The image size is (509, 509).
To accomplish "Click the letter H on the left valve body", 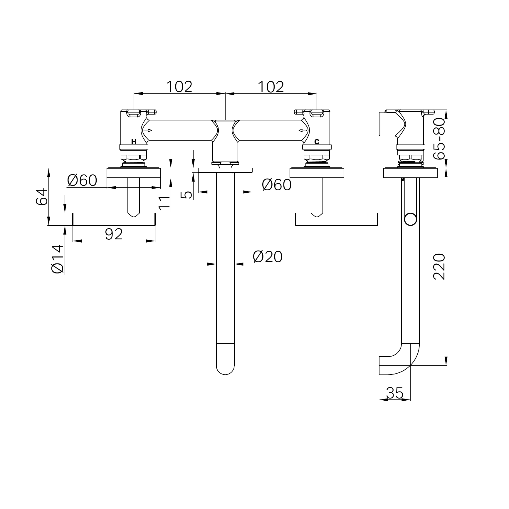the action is [134, 142].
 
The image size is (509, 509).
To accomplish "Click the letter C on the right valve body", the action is [317, 142].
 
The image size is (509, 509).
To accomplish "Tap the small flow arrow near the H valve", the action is [148, 130].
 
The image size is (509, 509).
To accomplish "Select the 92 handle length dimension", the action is [114, 234].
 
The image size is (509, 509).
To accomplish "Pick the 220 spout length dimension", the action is [439, 267].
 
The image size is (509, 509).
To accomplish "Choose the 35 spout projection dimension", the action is [395, 393].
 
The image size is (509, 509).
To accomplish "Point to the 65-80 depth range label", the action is [440, 139].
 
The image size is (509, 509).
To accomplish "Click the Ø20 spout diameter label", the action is [268, 257].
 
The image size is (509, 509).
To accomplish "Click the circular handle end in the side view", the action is [410, 219].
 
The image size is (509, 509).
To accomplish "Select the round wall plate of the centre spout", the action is [225, 170].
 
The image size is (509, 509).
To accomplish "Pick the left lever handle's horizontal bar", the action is [114, 219].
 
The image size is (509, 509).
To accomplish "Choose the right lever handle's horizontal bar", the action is [336, 219].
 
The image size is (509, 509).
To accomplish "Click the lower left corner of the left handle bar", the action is [73, 226].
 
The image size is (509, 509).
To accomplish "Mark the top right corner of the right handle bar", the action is [378, 213].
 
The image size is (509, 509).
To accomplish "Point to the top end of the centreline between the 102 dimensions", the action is [225, 92].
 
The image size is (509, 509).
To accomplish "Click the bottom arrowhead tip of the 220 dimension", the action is [446, 365].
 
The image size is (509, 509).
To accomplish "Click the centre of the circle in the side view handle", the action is [410, 219].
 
